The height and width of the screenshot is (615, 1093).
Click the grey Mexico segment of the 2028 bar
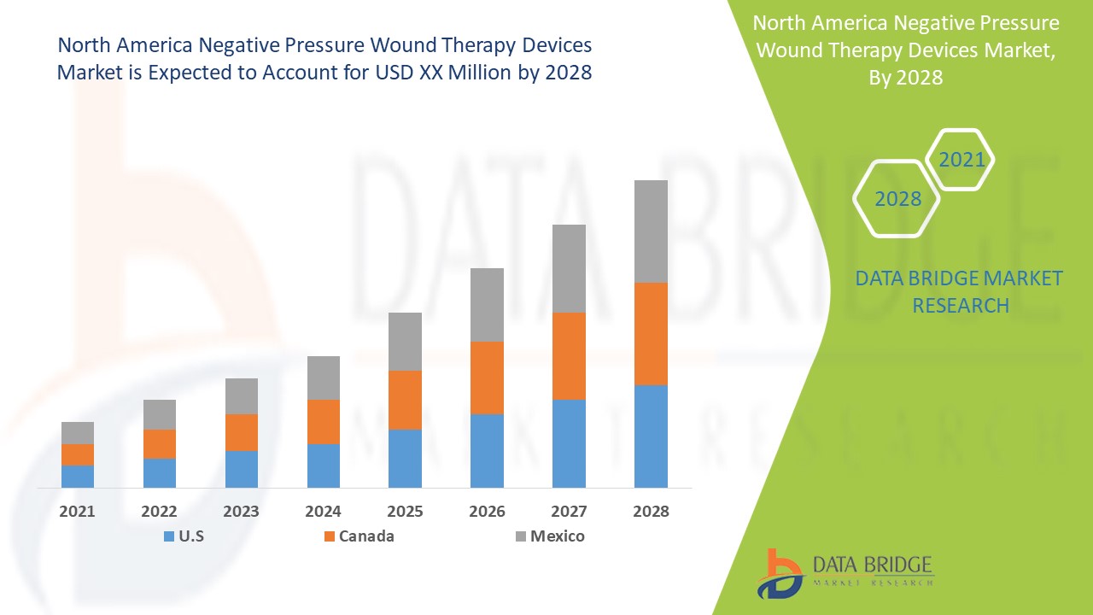[651, 231]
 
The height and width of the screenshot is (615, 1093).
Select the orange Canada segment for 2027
[569, 355]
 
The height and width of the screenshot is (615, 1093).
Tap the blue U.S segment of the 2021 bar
[78, 476]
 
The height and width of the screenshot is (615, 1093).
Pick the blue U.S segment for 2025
[405, 458]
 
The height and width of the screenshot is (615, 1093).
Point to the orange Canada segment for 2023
[242, 432]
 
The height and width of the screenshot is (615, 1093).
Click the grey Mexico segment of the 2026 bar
[487, 304]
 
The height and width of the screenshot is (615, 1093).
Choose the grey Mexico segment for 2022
[160, 414]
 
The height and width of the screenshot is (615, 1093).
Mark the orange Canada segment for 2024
[324, 421]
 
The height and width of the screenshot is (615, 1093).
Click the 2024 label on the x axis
[324, 512]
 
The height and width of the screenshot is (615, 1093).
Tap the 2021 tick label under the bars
[78, 512]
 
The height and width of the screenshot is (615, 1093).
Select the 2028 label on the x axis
[651, 512]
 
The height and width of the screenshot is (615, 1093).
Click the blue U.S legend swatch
[169, 536]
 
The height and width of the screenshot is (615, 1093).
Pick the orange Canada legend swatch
[329, 536]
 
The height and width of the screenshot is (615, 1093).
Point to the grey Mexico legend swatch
[520, 536]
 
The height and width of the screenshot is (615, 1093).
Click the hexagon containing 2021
[961, 160]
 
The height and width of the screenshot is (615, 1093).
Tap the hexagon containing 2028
[897, 198]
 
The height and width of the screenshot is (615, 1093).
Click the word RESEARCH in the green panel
[961, 305]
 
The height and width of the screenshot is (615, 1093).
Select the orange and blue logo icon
[780, 573]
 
